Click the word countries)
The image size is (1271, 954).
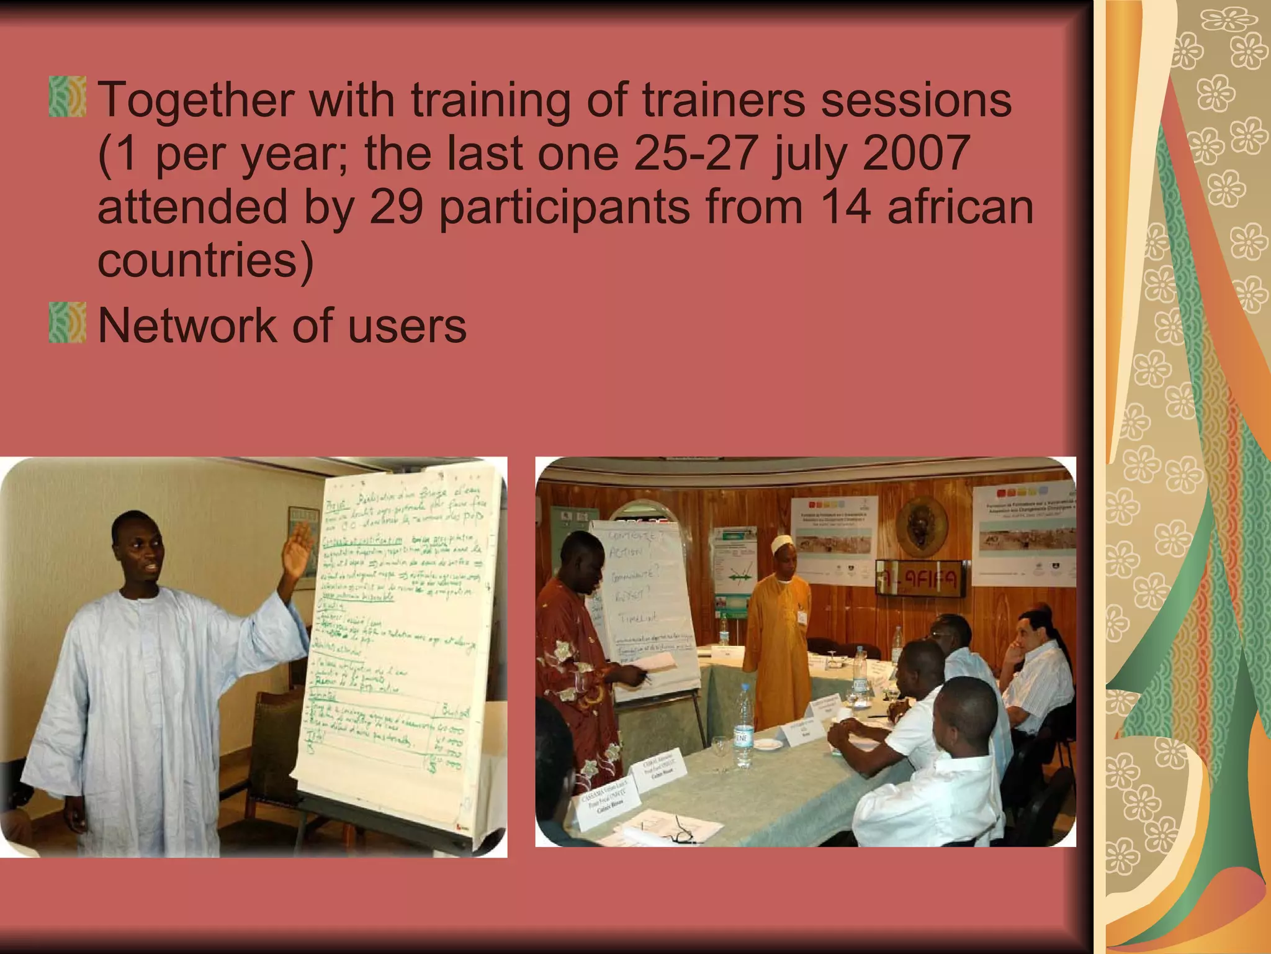click(x=205, y=261)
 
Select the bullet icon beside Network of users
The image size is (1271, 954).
click(x=67, y=322)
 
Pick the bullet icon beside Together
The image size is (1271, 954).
click(x=67, y=97)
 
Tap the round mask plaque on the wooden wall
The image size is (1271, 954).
click(x=921, y=525)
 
